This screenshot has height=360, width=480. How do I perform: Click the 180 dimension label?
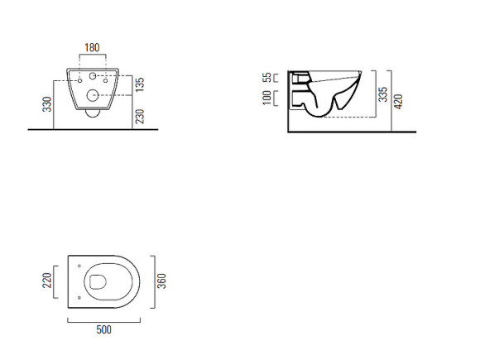(92, 48)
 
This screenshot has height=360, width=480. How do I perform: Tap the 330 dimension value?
(47, 104)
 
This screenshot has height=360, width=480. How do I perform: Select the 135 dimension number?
(140, 84)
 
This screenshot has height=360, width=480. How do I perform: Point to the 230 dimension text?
(140, 117)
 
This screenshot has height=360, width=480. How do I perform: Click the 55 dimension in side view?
(267, 77)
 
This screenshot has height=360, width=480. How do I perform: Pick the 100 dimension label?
(267, 98)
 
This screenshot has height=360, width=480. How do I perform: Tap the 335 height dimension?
(382, 94)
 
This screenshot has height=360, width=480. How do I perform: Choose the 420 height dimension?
(398, 102)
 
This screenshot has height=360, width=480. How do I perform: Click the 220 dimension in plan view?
(47, 281)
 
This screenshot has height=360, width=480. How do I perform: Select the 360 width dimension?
(161, 281)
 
